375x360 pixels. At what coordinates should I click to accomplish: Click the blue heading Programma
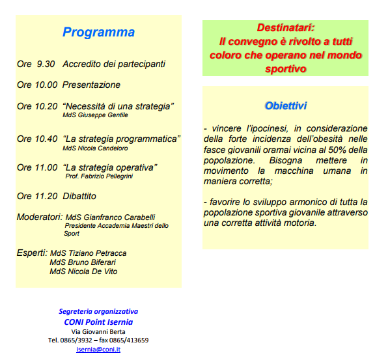click(x=98, y=33)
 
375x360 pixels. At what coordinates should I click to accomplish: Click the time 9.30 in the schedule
click(x=46, y=64)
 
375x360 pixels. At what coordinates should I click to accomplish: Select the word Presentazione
click(x=91, y=85)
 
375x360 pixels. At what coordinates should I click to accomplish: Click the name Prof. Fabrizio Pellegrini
click(x=99, y=176)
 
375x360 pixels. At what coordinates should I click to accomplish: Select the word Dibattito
click(x=79, y=197)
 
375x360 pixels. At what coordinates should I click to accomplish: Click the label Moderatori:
click(x=40, y=217)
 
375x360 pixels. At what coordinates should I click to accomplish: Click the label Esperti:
click(x=32, y=253)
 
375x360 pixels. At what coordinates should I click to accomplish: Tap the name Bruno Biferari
click(x=92, y=262)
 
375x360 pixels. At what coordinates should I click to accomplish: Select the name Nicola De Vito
click(x=92, y=271)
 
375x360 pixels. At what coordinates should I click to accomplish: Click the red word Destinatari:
click(x=286, y=28)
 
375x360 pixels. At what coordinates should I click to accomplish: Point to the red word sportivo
click(x=286, y=69)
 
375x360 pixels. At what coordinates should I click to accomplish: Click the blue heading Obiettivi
click(x=286, y=106)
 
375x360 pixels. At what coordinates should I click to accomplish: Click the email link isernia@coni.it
click(x=98, y=349)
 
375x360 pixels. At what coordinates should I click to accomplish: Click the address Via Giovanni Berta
click(x=98, y=332)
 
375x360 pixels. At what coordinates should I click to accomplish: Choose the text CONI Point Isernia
click(x=98, y=322)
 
